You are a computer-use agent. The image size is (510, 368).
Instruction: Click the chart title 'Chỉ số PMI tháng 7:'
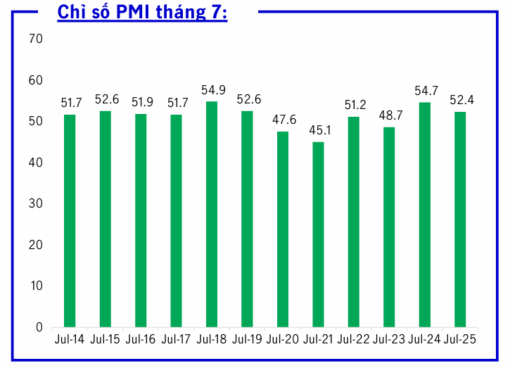click(143, 13)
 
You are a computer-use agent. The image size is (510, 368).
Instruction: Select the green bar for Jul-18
click(212, 215)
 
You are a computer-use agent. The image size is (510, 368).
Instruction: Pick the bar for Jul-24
click(425, 215)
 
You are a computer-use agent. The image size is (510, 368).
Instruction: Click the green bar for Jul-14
click(70, 221)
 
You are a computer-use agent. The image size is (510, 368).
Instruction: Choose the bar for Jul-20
click(283, 229)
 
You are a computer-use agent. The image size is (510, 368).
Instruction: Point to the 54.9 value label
click(212, 90)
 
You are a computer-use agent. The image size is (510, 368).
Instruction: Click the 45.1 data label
click(318, 130)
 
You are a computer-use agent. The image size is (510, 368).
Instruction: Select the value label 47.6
click(283, 120)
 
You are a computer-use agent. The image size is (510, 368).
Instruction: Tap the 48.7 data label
click(389, 115)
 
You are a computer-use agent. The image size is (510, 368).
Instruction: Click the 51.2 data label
click(354, 105)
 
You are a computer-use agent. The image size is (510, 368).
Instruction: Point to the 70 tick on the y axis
click(36, 39)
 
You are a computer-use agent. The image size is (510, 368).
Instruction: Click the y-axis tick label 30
click(36, 204)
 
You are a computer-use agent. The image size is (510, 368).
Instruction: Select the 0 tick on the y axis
click(39, 327)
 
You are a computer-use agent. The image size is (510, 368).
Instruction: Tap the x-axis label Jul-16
click(140, 340)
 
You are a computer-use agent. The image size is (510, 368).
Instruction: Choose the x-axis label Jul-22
click(354, 340)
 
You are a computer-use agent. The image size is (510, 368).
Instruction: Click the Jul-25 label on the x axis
click(461, 340)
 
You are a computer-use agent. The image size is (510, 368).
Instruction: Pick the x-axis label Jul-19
click(247, 340)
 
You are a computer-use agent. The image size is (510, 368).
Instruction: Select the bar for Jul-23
click(389, 227)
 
